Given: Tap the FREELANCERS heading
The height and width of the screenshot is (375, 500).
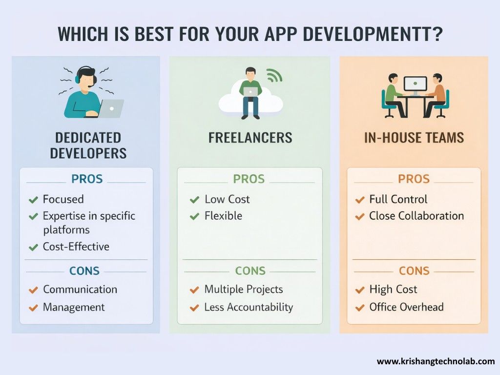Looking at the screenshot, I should coord(250,138).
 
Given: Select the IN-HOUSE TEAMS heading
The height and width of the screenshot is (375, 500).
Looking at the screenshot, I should coord(414,138).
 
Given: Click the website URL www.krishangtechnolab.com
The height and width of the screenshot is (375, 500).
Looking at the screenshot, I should coord(436,362).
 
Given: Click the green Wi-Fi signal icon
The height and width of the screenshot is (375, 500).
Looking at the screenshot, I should coord(274,75).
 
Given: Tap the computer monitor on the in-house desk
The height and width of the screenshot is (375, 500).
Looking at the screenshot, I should coord(415,85).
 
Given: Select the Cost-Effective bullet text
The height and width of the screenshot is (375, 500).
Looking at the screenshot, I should coord(76,247).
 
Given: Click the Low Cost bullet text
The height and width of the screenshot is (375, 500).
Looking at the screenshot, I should coord(227,199).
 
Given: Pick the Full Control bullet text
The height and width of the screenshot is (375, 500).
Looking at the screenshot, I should coord(398,199).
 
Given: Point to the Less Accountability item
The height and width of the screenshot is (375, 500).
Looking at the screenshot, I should coord(249,307).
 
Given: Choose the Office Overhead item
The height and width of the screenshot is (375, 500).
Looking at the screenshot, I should coord(406,307).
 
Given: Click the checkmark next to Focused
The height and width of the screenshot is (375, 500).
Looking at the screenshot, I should coord(33,200).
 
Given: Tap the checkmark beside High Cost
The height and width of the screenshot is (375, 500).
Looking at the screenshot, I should coord(360,290).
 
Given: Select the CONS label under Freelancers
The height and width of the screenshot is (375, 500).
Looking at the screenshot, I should coord(250,271).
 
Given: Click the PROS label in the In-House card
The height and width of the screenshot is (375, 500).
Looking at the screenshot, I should coord(414,179).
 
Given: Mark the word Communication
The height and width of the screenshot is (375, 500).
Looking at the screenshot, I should coord(80,290).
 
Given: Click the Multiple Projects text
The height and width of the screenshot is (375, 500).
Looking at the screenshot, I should coord(244,290).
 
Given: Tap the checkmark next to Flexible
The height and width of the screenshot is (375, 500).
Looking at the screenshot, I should coord(195,216).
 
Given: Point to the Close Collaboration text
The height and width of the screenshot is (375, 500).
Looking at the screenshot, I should coord(417,216).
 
